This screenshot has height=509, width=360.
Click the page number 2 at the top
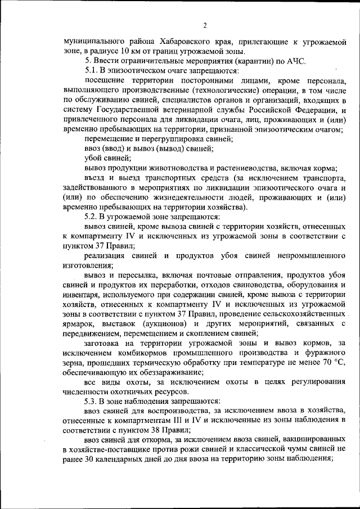(205, 25)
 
